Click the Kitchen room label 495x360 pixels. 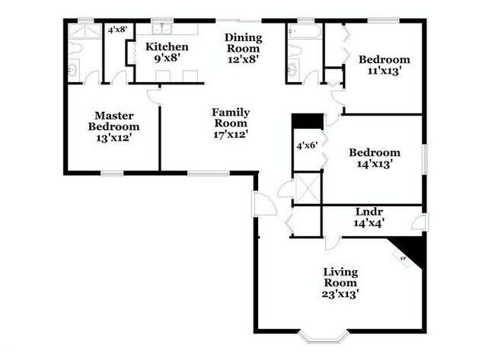167,47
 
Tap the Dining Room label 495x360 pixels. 244,43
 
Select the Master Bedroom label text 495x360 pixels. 113,121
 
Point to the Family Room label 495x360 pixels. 231,118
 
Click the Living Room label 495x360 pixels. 340,277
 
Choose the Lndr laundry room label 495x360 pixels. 369,212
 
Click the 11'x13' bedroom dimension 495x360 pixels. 384,71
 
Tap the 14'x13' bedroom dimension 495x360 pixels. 375,164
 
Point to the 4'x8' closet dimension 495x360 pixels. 117,30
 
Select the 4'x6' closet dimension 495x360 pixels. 307,145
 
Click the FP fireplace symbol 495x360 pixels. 403,259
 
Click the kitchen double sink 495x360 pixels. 161,30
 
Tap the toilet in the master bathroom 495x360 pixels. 75,49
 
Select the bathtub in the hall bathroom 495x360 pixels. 305,31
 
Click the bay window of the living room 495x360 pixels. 324,336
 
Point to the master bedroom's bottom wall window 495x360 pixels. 112,174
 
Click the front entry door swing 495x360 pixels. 264,204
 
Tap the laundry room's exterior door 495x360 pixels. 421,221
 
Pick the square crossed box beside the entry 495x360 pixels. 307,189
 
